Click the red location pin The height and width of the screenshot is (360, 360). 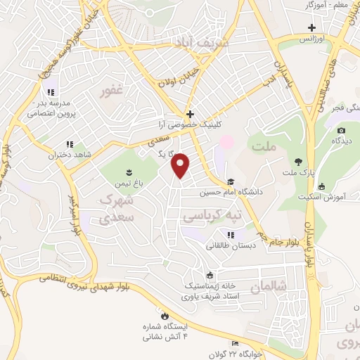pyautogui.click(x=181, y=165)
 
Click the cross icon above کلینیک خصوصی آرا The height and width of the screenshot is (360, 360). pyautogui.click(x=189, y=113)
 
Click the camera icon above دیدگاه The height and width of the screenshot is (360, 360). pyautogui.click(x=341, y=130)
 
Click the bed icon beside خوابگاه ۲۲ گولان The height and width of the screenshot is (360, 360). pyautogui.click(x=235, y=343)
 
